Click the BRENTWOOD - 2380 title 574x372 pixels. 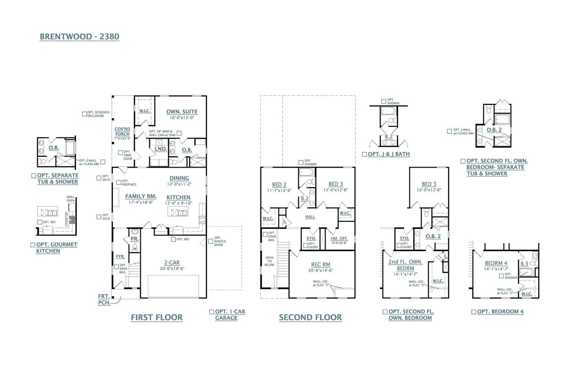coord(79,37)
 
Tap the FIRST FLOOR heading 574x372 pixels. coord(157,318)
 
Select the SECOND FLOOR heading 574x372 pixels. coord(310,318)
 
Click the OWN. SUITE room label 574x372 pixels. coord(182,112)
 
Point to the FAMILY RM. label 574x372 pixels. coord(140,196)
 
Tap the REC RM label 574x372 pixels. coord(321,265)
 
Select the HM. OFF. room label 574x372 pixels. coord(340,238)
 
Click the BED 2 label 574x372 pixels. coord(279,184)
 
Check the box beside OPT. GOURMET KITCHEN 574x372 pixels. coord(33,245)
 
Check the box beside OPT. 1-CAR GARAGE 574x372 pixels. coord(212,312)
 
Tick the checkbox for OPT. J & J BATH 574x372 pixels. coord(364,155)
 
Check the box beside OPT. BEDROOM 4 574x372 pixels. coord(474,312)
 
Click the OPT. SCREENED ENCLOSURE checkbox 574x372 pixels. coord(84,114)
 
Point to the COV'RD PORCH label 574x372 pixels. coord(122,131)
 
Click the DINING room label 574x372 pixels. coord(179,178)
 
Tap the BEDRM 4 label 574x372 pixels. coord(496,263)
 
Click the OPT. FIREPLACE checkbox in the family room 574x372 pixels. coord(118,182)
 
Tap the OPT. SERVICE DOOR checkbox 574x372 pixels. coord(211,241)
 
